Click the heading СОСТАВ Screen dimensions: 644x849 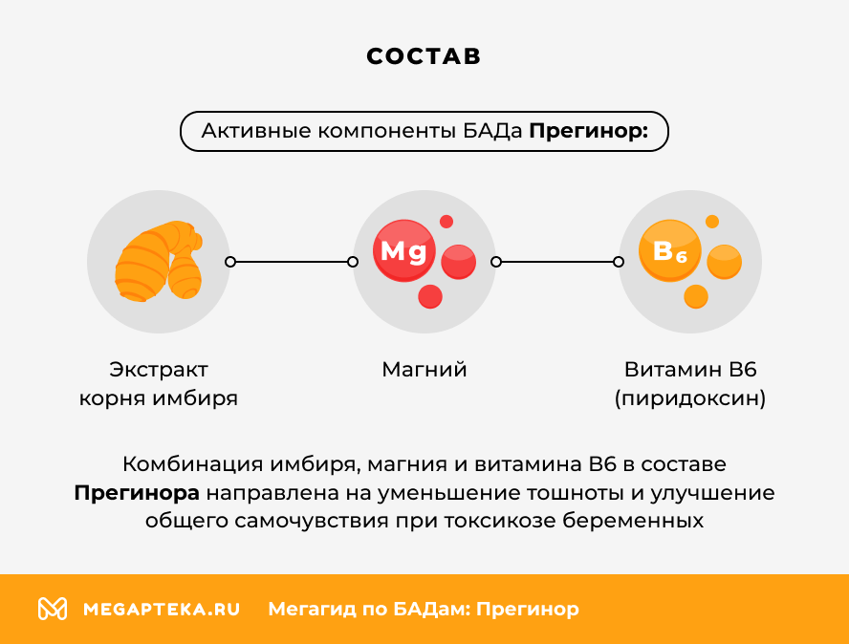pos(424,56)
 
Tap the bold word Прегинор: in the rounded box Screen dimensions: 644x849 pos(588,132)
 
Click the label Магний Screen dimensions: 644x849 pos(424,370)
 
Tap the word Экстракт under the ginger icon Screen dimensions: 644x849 pos(159,370)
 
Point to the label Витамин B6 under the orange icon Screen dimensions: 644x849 pos(689,370)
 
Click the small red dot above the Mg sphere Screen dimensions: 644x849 pos(446,222)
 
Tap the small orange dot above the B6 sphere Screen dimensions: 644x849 pos(712,222)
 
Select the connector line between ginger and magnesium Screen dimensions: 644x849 pos(291,261)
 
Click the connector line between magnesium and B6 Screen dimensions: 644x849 pos(557,261)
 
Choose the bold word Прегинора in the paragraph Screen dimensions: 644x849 pos(137,493)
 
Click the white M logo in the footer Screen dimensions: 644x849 pos(52,609)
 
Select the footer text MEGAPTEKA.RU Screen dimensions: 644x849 pos(162,609)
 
